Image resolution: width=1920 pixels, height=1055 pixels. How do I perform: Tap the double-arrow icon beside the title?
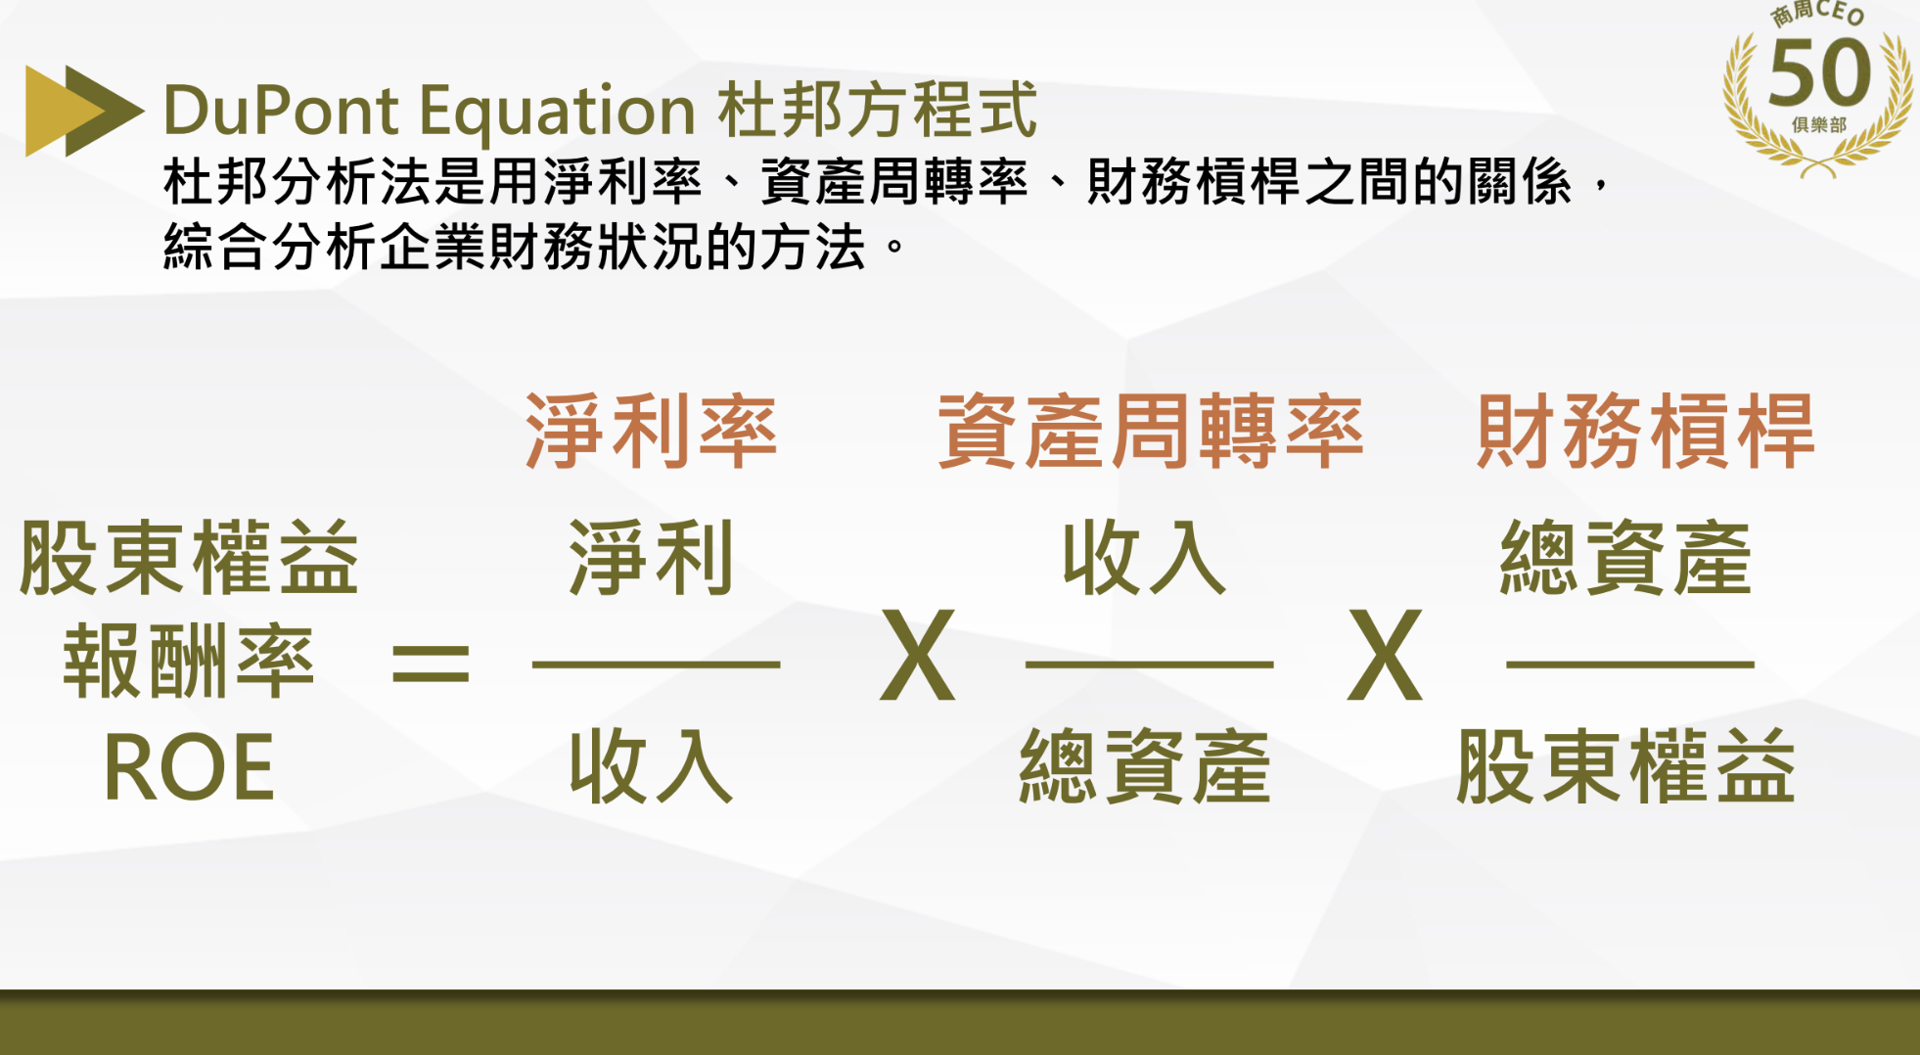tap(83, 111)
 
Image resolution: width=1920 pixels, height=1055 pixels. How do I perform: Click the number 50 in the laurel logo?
tap(1819, 73)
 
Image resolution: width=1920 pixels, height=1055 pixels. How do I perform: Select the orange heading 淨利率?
tap(652, 432)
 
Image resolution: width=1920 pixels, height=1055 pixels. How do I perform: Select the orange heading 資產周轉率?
tap(1151, 432)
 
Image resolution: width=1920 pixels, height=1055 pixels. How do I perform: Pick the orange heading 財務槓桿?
tap(1646, 432)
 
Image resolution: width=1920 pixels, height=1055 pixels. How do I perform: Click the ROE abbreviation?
tap(189, 769)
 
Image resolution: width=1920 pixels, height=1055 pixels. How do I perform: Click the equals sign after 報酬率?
tap(431, 663)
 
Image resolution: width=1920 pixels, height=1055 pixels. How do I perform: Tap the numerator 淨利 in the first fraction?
tap(652, 559)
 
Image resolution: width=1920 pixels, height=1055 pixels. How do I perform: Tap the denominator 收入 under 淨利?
tap(652, 767)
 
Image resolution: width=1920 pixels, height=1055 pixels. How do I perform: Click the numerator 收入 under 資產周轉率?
tap(1145, 559)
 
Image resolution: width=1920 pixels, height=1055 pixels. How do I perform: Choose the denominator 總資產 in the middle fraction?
tap(1145, 767)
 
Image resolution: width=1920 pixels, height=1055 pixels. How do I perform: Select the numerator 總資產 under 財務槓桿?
tap(1626, 559)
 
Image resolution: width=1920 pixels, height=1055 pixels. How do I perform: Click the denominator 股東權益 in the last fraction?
tap(1626, 767)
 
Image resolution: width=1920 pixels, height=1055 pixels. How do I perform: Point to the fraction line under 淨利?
tap(656, 665)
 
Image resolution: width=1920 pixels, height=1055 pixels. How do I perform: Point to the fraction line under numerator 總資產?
tap(1629, 665)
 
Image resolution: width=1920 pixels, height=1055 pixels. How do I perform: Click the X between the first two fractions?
tap(918, 655)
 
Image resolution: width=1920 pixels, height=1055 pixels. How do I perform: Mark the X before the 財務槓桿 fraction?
tap(1385, 655)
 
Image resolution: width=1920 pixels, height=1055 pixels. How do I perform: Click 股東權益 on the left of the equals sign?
tap(189, 559)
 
